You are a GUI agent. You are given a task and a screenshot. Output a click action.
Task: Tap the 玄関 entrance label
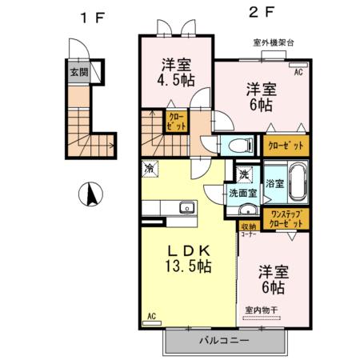tap(78, 72)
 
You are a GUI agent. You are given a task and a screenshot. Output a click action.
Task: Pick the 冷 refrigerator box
tap(149, 169)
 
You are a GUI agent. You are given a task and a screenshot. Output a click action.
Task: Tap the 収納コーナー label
tap(248, 229)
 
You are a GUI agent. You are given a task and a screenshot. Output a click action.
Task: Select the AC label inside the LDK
tap(150, 316)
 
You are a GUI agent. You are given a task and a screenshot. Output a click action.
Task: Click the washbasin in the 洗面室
tap(248, 211)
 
